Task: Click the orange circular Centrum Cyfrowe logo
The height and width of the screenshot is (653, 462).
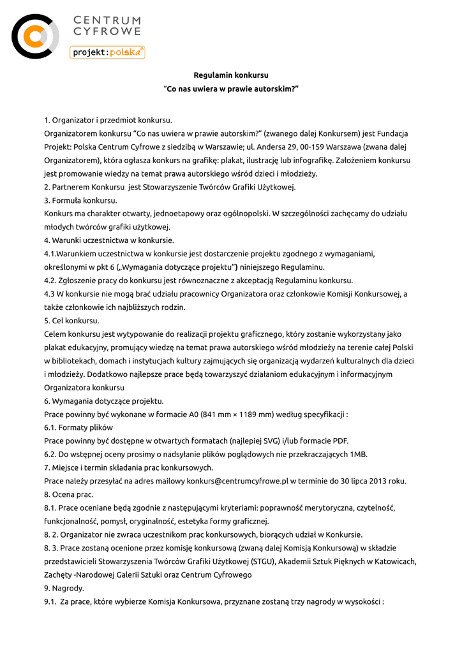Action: click(x=35, y=36)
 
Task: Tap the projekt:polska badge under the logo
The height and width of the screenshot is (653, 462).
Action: click(x=107, y=52)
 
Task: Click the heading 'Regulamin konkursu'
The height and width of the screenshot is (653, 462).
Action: click(x=231, y=75)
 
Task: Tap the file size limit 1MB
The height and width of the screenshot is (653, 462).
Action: click(x=359, y=454)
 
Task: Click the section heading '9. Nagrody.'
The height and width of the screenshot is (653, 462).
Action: click(x=64, y=588)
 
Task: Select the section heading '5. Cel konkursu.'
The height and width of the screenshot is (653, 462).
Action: click(x=71, y=320)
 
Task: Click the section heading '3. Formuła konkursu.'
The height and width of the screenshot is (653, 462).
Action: click(x=80, y=200)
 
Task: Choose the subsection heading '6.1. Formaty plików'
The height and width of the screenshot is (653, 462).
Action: click(x=78, y=427)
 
